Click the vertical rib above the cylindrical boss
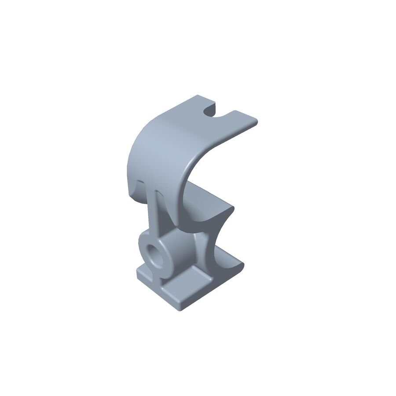[156, 216]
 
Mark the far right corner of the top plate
[256, 120]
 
